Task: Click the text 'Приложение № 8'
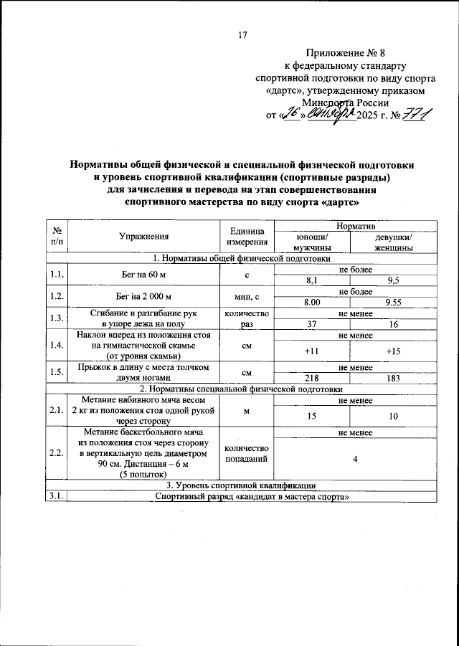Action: pyautogui.click(x=341, y=52)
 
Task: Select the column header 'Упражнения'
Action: pyautogui.click(x=144, y=236)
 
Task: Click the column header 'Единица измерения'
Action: pyautogui.click(x=246, y=236)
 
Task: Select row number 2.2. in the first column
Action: pyautogui.click(x=55, y=453)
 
